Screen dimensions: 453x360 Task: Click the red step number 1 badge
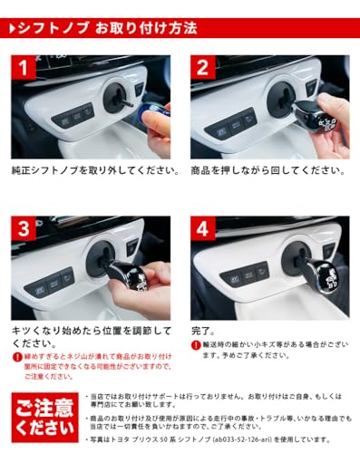(x=24, y=68)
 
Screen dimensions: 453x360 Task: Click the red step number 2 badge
(x=203, y=68)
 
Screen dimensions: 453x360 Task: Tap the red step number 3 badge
(x=24, y=228)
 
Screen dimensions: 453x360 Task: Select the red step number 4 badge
(x=203, y=228)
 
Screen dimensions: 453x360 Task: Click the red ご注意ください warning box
(x=44, y=416)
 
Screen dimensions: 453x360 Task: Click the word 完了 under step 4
(x=202, y=332)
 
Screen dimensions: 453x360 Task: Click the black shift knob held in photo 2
(x=313, y=114)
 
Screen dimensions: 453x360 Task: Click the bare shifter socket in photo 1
(x=115, y=97)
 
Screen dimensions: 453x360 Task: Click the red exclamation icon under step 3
(x=17, y=358)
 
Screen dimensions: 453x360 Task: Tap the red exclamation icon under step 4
(x=196, y=346)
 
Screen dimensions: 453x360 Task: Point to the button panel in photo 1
(x=73, y=116)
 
